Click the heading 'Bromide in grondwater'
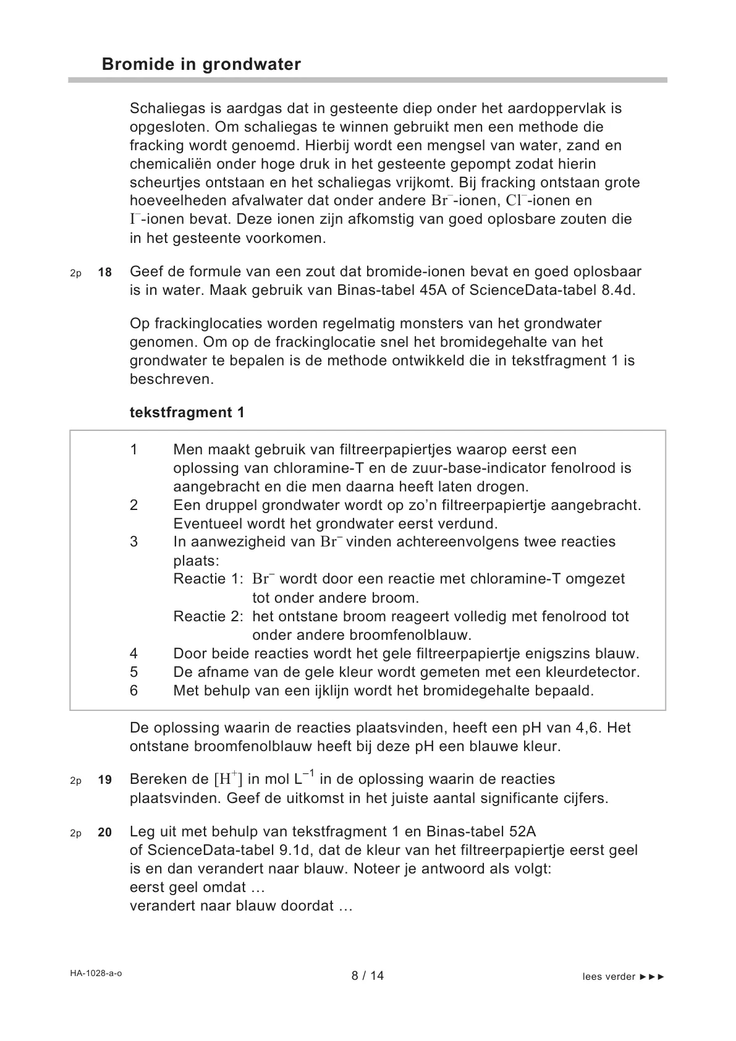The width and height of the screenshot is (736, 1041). pos(201,64)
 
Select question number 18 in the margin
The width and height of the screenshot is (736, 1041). pos(105,272)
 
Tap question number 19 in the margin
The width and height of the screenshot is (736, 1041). pos(105,780)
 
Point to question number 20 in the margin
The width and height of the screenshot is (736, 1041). pos(105,833)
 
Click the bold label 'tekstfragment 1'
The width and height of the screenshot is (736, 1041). pos(187,412)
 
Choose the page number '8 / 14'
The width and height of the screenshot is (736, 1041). pos(368,975)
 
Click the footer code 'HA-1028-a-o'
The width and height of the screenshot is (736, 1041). pos(96,973)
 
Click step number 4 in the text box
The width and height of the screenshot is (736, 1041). pos(134,653)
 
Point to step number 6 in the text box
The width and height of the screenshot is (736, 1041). pos(134,690)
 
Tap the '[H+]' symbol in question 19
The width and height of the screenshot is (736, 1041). pos(228,779)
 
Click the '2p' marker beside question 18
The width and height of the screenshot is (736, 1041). pos(75,273)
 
